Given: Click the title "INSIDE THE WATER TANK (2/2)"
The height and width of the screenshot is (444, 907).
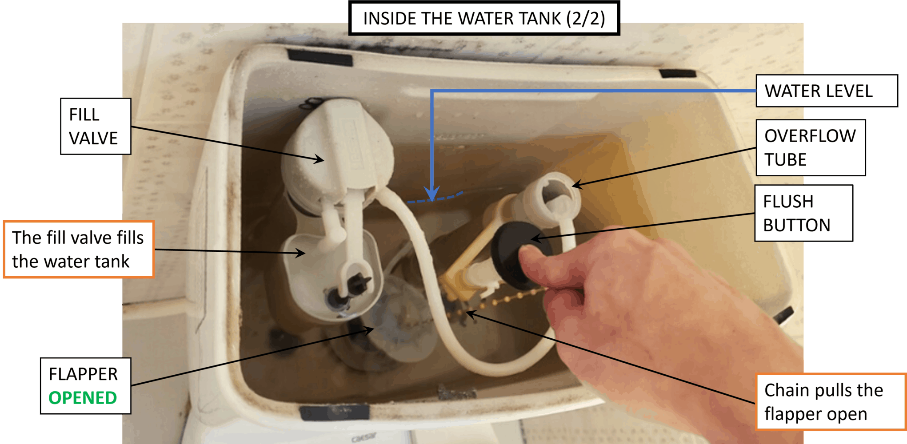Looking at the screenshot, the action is tap(484, 18).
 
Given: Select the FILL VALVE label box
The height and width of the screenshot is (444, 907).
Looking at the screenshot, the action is tap(96, 126).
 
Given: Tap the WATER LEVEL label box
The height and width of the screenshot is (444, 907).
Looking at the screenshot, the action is tap(827, 91).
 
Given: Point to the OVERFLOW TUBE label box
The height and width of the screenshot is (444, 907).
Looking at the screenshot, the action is tap(811, 147).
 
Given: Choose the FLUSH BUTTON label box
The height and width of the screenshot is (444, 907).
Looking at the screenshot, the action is tap(803, 213).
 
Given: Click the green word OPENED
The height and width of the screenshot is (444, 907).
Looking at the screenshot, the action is tap(83, 398).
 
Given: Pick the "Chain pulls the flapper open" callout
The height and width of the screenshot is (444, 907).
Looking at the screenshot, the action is tap(831, 402).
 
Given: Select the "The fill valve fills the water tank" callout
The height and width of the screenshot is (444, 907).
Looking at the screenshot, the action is tap(78, 249).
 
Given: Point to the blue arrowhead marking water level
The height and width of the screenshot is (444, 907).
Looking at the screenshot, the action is tap(432, 194).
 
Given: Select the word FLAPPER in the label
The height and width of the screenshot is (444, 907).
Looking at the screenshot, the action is tap(83, 374).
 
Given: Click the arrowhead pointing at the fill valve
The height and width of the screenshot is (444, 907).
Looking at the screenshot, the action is tap(318, 159).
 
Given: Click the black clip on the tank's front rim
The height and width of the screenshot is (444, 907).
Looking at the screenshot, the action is tap(334, 413).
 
